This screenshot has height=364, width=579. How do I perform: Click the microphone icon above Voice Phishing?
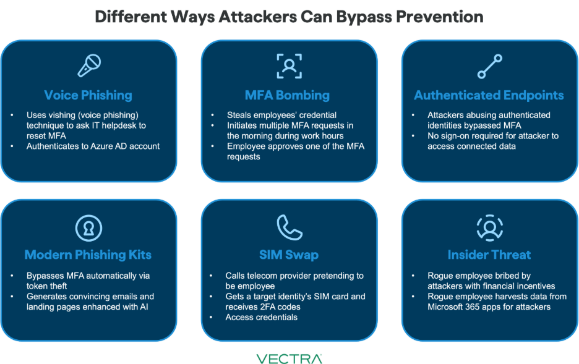tap(88, 66)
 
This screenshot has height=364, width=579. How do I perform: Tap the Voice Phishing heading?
tap(88, 95)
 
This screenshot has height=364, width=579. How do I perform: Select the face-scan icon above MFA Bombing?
tap(289, 66)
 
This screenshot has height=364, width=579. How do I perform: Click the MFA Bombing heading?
tap(287, 95)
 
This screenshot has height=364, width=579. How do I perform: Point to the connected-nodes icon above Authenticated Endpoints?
tap(489, 66)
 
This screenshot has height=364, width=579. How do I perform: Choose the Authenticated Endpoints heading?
tap(489, 95)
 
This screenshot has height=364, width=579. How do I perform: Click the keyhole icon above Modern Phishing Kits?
tap(88, 227)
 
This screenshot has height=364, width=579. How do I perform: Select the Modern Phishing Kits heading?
tap(88, 255)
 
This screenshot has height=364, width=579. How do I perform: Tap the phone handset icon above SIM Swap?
tap(289, 227)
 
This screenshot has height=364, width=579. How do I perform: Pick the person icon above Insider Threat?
tap(489, 227)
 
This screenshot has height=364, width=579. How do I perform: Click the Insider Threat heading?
tap(489, 255)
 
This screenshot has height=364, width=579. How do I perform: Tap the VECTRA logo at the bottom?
tap(289, 358)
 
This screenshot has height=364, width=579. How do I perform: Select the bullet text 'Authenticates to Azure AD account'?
tap(93, 146)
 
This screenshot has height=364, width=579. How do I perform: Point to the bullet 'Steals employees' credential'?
tap(281, 115)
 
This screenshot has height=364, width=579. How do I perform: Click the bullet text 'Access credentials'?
tap(262, 317)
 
